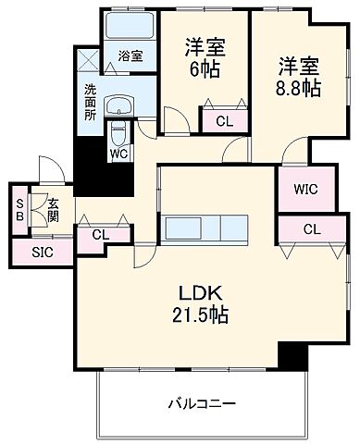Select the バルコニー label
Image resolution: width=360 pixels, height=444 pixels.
[201, 404]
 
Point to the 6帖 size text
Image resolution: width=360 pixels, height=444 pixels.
[205, 68]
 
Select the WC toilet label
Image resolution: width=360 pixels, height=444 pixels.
[119, 154]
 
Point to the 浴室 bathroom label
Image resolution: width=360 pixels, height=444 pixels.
[130, 56]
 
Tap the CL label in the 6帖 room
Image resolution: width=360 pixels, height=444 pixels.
[224, 120]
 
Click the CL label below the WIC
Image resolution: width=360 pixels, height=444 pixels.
[311, 230]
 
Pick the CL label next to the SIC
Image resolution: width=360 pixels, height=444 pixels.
[100, 235]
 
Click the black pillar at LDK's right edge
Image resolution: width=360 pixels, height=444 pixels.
[292, 354]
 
